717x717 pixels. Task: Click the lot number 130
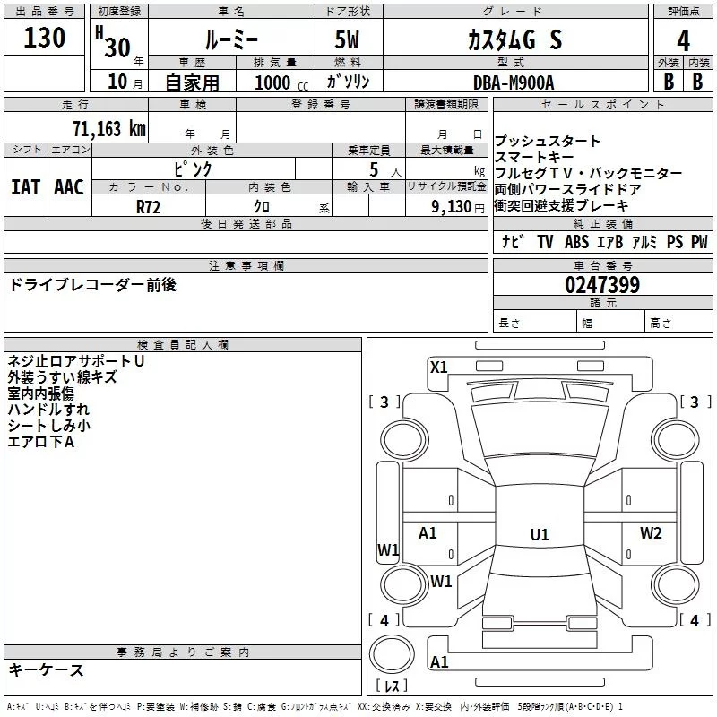[45, 38]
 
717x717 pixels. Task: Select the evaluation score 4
[684, 40]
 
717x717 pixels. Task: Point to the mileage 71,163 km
[108, 128]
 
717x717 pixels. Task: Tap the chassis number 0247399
[602, 286]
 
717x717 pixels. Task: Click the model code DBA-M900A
[514, 82]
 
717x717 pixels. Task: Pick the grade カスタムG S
[514, 40]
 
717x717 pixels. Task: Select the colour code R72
[148, 206]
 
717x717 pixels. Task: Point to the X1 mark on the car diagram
[439, 367]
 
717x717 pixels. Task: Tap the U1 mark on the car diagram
[539, 534]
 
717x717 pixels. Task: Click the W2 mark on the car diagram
[650, 533]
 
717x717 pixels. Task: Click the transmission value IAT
[25, 187]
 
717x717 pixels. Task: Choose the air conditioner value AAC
[69, 187]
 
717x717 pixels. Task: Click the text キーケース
[46, 670]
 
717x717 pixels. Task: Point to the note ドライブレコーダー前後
[92, 285]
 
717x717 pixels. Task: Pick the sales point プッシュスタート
[548, 142]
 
